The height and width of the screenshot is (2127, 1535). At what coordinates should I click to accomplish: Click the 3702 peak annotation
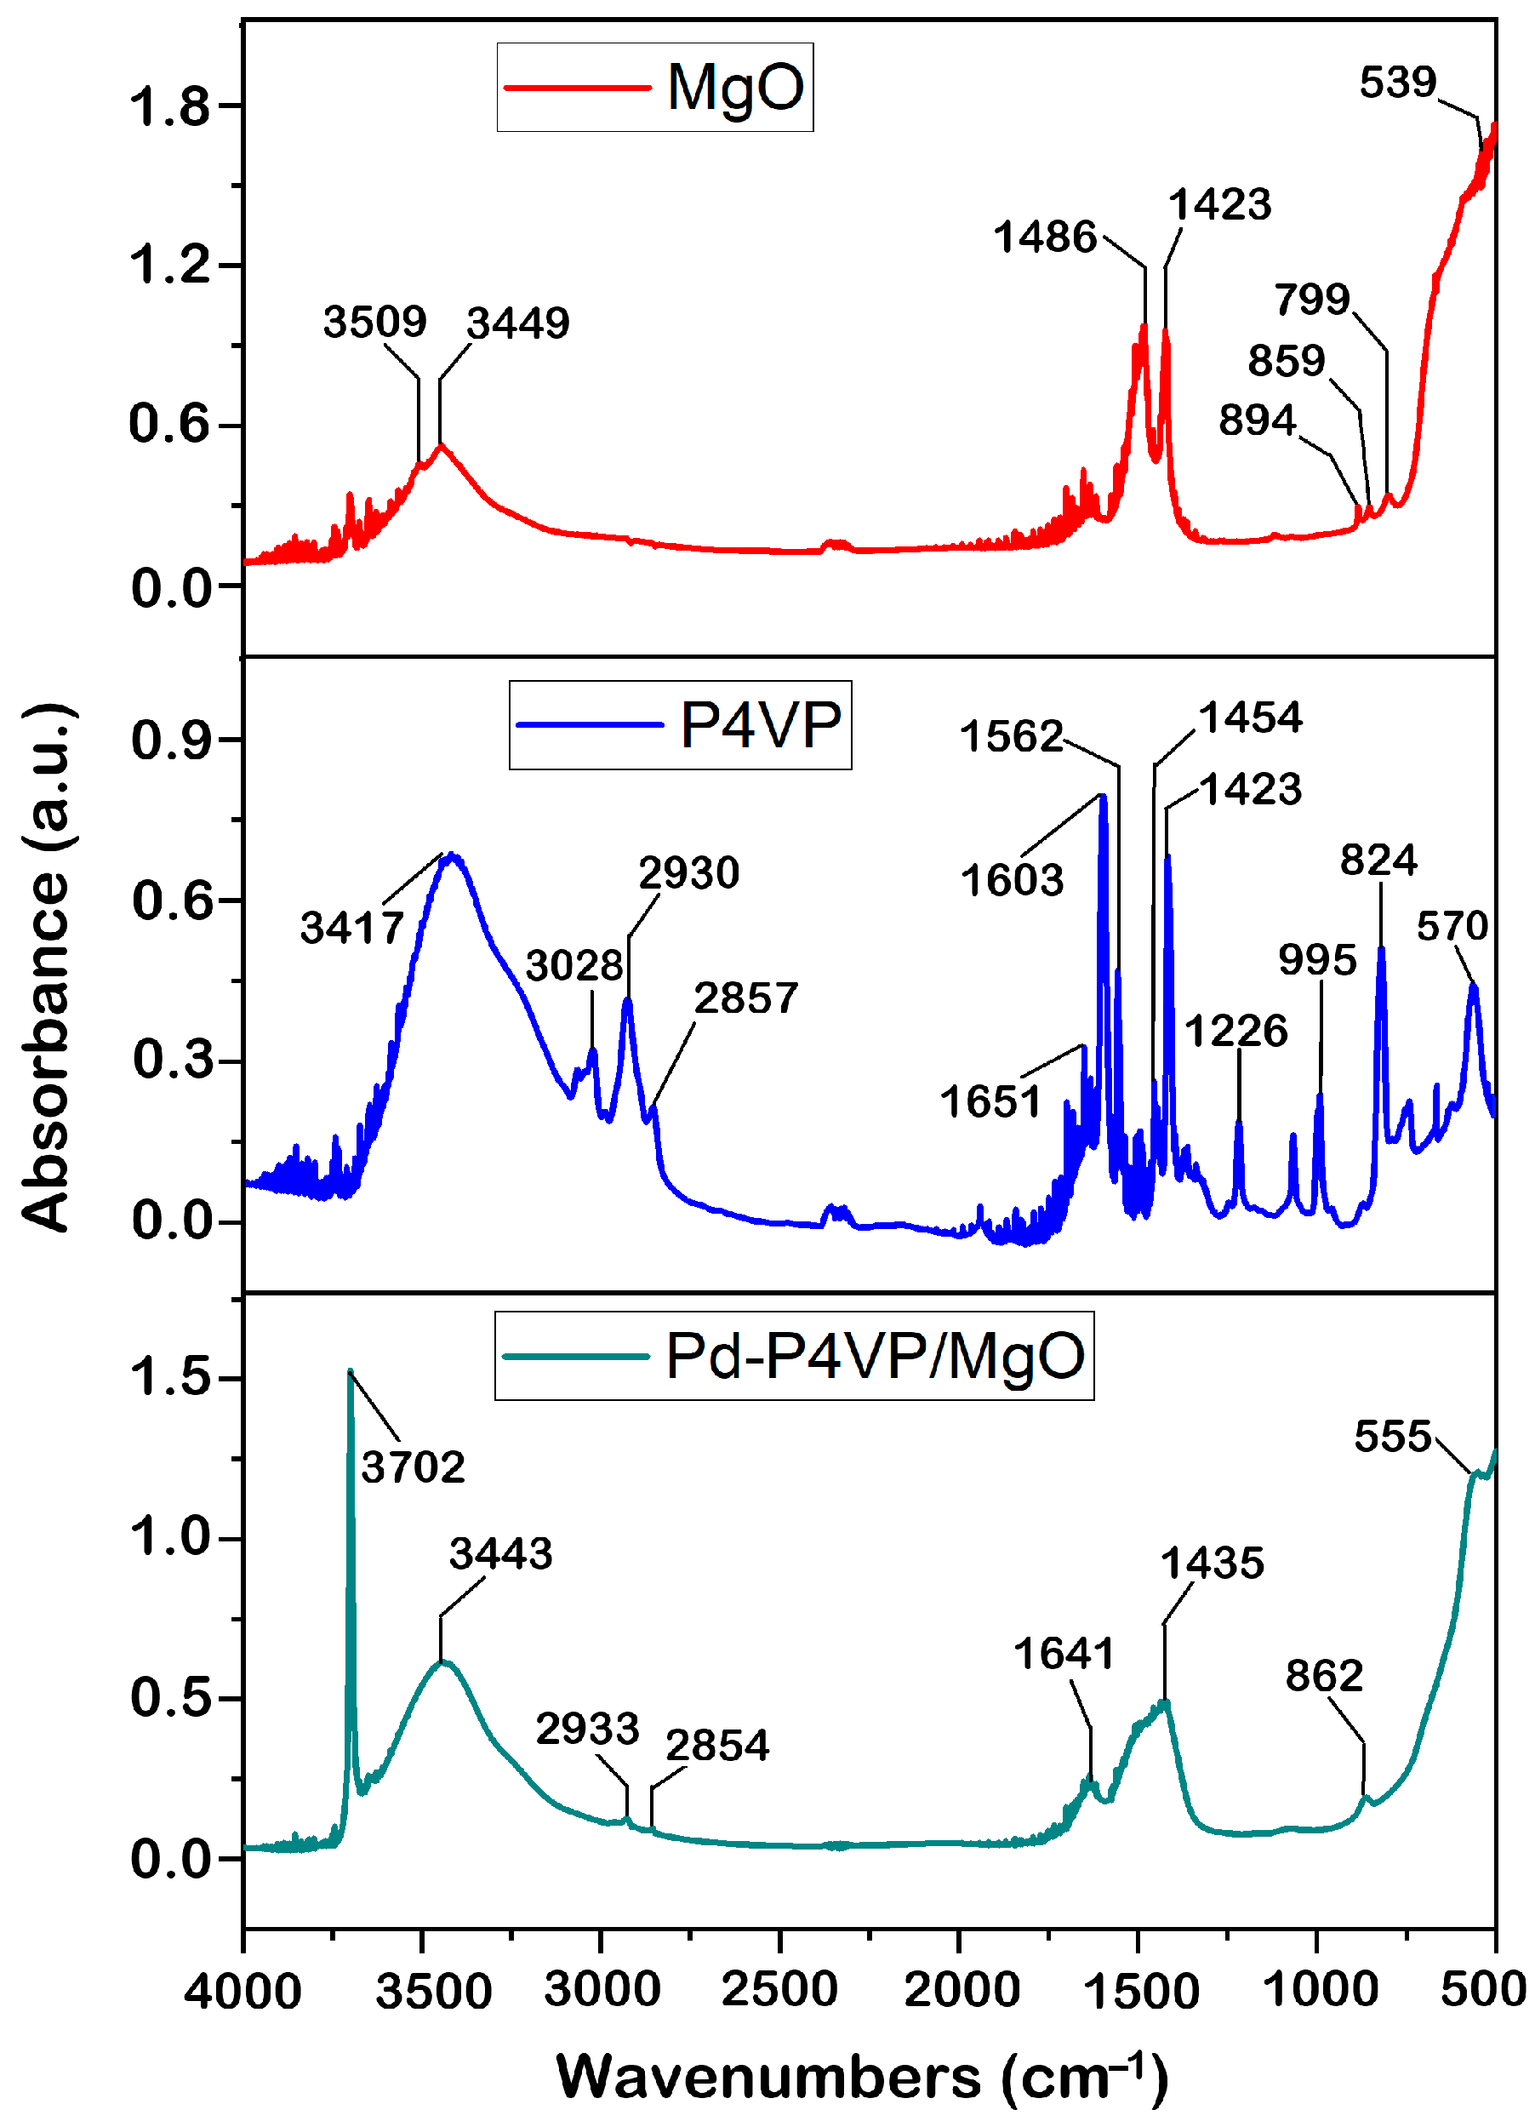(413, 1467)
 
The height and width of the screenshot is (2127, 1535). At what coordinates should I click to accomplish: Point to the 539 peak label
(1397, 83)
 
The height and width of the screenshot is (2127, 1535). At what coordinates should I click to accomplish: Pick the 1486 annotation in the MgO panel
(1045, 237)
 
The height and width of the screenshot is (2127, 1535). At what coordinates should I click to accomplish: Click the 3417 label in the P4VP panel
(351, 929)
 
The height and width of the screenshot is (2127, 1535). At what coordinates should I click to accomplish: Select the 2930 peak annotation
(689, 874)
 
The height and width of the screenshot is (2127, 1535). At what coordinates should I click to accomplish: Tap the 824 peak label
(1378, 860)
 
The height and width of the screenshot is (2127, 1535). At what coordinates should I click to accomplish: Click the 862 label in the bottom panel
(1323, 1676)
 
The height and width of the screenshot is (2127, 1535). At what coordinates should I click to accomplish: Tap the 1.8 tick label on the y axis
(168, 106)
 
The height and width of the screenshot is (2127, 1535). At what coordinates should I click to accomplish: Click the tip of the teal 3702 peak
(350, 1372)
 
